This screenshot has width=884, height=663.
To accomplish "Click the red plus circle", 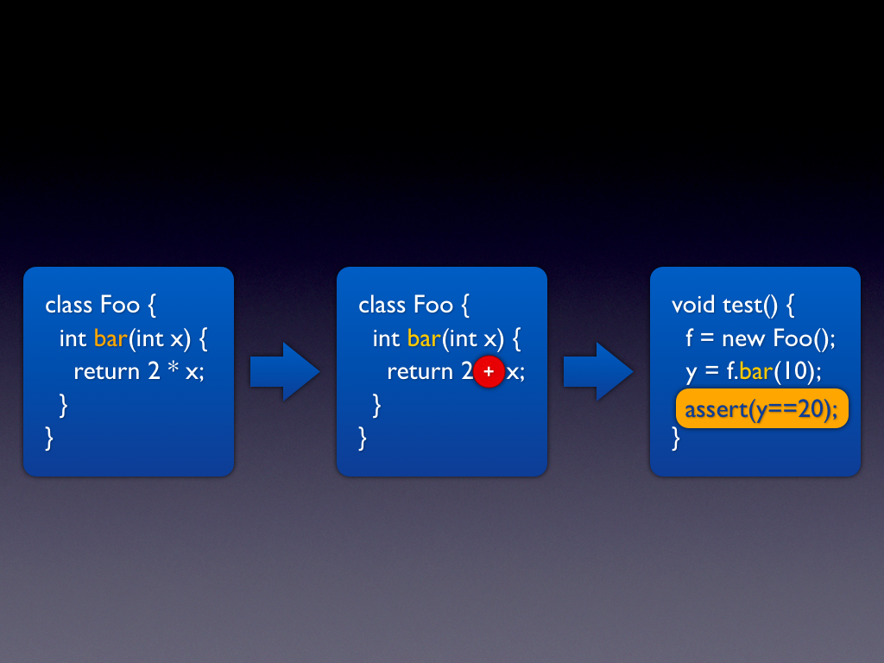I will (489, 371).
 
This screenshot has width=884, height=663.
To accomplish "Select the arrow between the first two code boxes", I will (285, 371).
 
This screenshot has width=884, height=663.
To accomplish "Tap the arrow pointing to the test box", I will (598, 371).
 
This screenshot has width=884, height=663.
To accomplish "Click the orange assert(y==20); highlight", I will (761, 409).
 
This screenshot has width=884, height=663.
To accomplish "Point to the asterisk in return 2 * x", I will (173, 369).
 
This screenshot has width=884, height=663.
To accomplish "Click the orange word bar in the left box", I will (110, 338).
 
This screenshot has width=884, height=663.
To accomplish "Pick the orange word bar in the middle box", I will (424, 338).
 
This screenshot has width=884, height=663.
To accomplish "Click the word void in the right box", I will (693, 305).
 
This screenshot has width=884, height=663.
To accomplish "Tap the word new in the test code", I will (744, 338).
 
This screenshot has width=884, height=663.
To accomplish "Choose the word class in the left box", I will (69, 305).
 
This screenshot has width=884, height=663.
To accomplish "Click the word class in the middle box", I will (382, 305).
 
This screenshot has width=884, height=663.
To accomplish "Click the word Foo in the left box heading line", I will (119, 305).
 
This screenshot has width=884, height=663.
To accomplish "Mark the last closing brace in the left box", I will (49, 439).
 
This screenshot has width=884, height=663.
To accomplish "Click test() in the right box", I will (750, 305).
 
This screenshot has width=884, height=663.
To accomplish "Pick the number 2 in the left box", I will (154, 372).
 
